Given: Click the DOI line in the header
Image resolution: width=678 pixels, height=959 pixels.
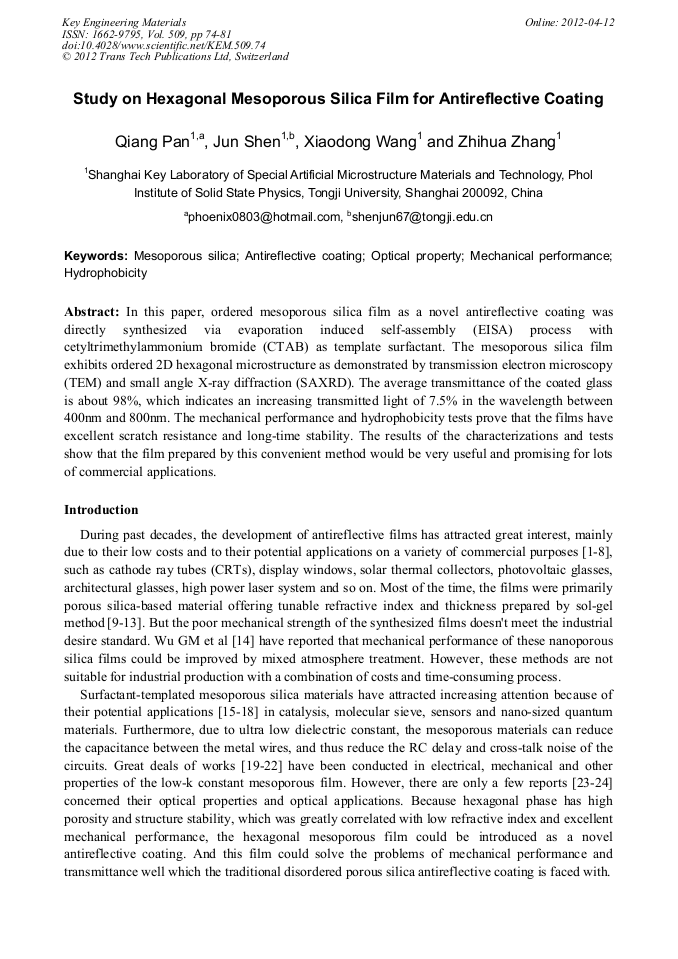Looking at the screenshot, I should (164, 45).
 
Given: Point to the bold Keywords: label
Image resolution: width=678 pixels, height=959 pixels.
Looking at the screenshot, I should (96, 257).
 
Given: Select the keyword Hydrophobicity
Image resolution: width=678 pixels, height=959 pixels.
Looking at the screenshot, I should (105, 273).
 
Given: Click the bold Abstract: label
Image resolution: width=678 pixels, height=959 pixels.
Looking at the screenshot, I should (92, 311).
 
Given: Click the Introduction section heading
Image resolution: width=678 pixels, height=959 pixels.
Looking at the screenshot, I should (101, 510).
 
